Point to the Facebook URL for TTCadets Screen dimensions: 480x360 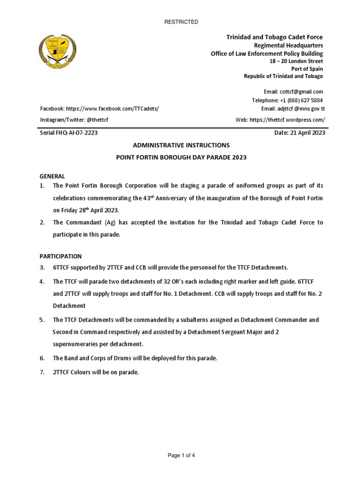point(112,109)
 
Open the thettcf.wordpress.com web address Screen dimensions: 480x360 point(287,120)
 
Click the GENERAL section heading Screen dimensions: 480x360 point(52,176)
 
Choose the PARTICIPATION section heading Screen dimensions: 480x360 point(60,256)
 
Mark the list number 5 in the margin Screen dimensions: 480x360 point(42,320)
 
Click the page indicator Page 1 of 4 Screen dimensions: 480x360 point(180,455)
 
